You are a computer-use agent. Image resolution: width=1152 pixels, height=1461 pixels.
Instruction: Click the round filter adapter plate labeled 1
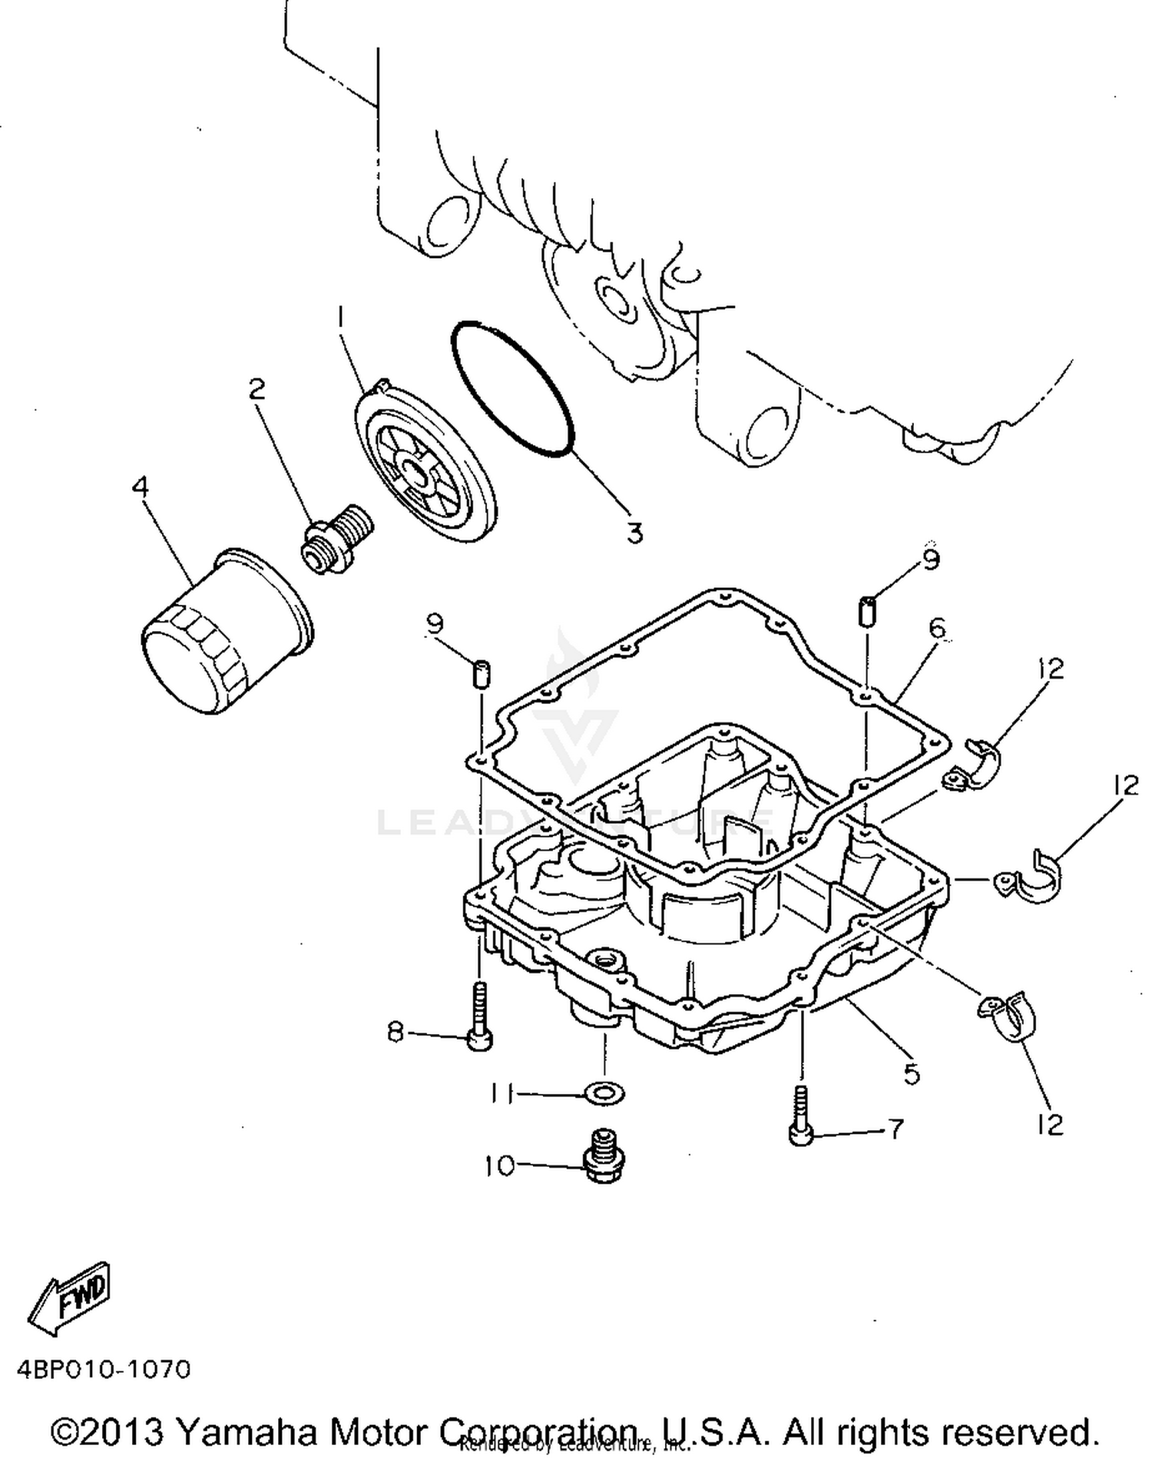[x=425, y=463]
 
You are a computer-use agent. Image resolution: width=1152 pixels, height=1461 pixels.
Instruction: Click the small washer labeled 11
[x=604, y=1092]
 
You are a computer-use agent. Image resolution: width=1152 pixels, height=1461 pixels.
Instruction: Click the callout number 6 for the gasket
[x=937, y=629]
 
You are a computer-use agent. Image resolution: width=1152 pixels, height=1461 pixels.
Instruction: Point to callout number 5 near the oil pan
[x=912, y=1073]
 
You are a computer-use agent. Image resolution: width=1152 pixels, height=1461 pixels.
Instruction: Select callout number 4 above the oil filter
[x=140, y=487]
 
